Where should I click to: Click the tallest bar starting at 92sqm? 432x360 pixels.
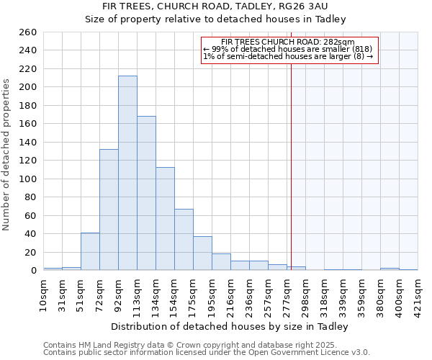tap(127, 173)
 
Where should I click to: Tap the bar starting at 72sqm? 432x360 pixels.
tap(109, 210)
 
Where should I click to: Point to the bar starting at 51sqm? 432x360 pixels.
tap(90, 251)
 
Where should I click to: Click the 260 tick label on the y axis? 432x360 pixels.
tap(28, 32)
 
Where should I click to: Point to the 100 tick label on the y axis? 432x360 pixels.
tap(28, 179)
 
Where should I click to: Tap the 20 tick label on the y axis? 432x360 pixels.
tap(31, 252)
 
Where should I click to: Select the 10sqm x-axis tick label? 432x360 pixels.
tap(44, 293)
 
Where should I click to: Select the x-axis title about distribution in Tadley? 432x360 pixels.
tap(230, 326)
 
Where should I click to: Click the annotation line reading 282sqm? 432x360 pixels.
tap(288, 42)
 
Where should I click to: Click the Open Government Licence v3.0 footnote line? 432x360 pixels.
tap(207, 352)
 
